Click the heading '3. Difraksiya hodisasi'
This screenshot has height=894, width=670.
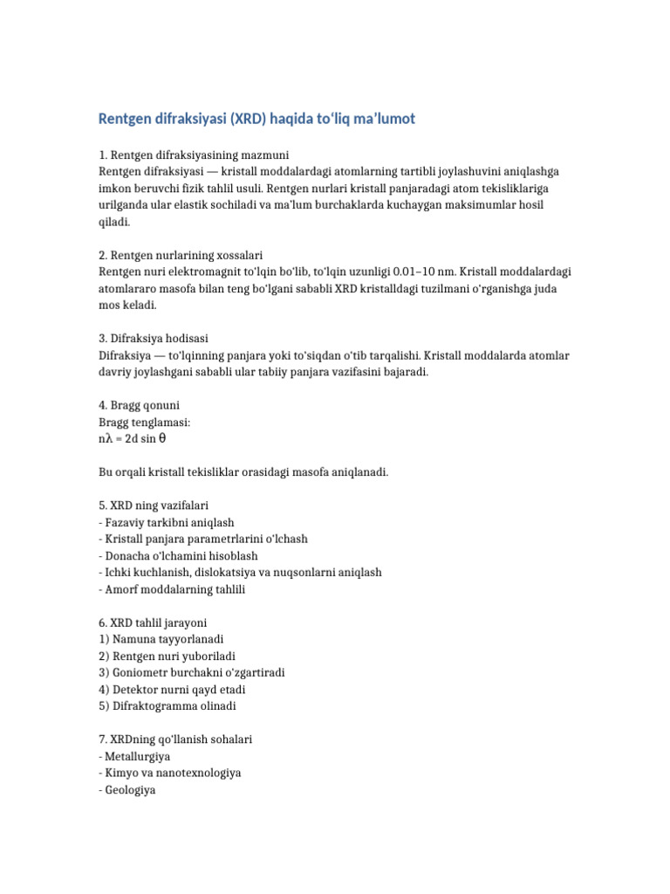(x=154, y=339)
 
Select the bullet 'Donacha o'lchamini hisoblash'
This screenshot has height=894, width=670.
(x=178, y=555)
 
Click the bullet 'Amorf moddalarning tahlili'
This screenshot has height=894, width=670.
(x=172, y=589)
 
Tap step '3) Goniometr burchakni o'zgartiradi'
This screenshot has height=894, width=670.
(x=192, y=672)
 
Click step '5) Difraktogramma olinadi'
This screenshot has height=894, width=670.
(x=167, y=705)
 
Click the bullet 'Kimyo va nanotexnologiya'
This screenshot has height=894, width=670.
(x=170, y=772)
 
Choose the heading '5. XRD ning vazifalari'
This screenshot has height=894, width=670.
(x=154, y=505)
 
